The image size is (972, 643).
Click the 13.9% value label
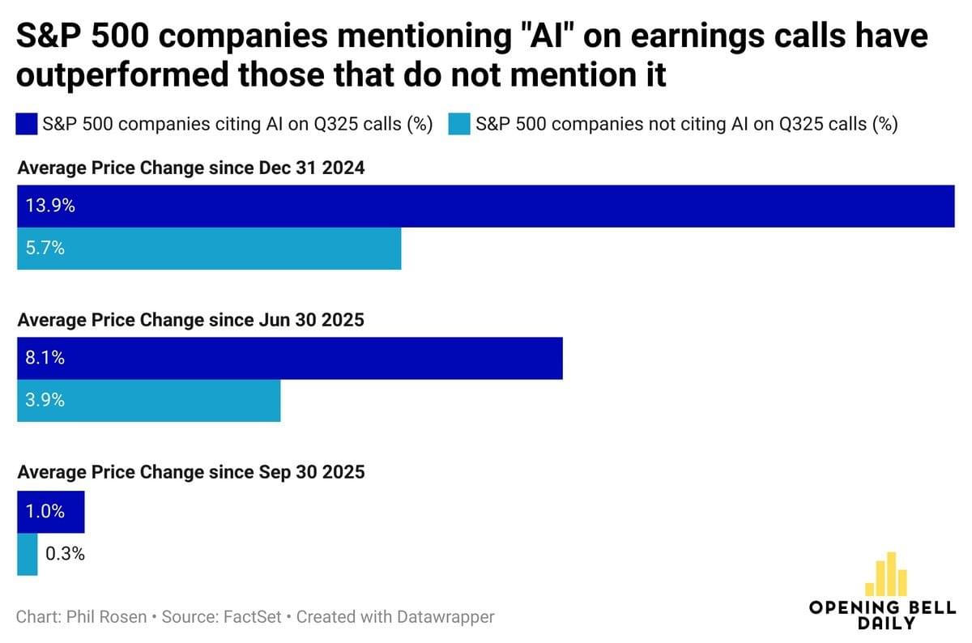click(x=50, y=206)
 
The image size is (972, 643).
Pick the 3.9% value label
click(x=45, y=400)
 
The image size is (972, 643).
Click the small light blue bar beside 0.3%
click(x=28, y=554)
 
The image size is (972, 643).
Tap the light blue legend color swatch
click(x=458, y=125)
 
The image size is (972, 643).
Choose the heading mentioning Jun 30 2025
click(x=191, y=320)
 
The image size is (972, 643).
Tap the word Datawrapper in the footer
click(x=446, y=617)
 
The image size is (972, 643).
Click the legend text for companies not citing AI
click(x=687, y=125)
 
